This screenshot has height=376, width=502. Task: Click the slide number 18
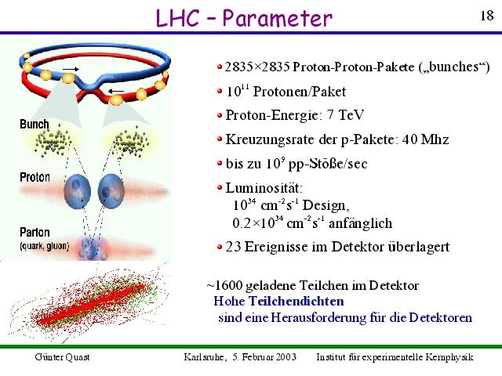pyautogui.click(x=487, y=16)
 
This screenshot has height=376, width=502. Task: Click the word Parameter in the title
pyautogui.click(x=277, y=18)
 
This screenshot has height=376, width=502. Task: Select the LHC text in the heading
pyautogui.click(x=177, y=18)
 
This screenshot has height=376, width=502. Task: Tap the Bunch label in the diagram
pyautogui.click(x=35, y=124)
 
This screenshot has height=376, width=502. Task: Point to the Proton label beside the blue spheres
pyautogui.click(x=35, y=177)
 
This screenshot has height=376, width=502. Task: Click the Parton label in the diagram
pyautogui.click(x=35, y=232)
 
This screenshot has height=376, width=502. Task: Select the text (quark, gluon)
pyautogui.click(x=45, y=246)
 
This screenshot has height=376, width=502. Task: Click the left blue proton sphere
pyautogui.click(x=77, y=191)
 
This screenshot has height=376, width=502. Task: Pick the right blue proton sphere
pyautogui.click(x=111, y=191)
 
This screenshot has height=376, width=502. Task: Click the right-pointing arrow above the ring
pyautogui.click(x=71, y=69)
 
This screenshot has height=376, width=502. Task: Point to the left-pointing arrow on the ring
pyautogui.click(x=116, y=91)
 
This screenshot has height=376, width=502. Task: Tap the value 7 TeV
pyautogui.click(x=346, y=115)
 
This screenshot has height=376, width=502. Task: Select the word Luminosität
pyautogui.click(x=264, y=188)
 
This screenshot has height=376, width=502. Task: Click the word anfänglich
pyautogui.click(x=360, y=222)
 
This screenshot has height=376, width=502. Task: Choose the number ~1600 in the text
pyautogui.click(x=224, y=285)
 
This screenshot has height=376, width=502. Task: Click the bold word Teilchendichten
pyautogui.click(x=296, y=301)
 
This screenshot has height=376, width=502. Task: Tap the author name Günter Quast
pyautogui.click(x=63, y=357)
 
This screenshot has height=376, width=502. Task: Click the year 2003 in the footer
pyautogui.click(x=286, y=356)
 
